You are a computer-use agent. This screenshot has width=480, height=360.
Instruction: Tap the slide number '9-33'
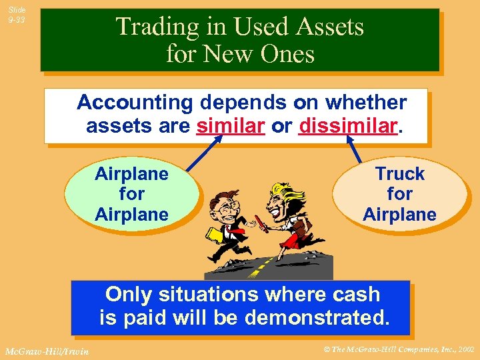click(x=17, y=20)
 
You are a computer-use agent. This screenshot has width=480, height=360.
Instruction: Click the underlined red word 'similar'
click(x=231, y=125)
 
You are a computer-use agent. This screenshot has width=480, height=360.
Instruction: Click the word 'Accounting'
click(x=134, y=102)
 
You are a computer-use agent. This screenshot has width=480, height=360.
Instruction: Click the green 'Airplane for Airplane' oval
click(x=131, y=194)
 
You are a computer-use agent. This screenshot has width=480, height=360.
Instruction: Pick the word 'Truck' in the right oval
click(x=399, y=174)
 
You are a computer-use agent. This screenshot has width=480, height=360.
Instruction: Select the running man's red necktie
click(x=229, y=230)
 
